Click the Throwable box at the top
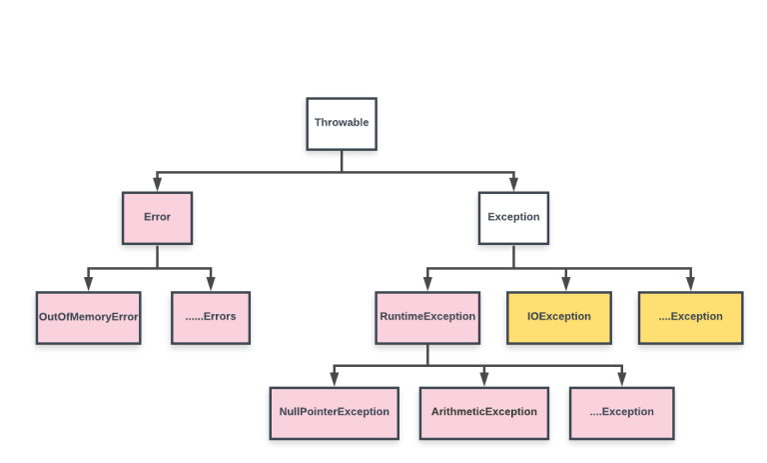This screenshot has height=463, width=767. tap(342, 123)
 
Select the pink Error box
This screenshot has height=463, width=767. tap(157, 217)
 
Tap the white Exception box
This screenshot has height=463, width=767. tap(513, 217)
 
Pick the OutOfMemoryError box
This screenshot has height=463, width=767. tap(88, 317)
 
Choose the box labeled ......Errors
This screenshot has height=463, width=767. tap(211, 317)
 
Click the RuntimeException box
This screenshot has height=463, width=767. tap(427, 317)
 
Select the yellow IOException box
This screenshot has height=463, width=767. tap(558, 317)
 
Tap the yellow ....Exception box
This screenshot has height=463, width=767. tap(690, 317)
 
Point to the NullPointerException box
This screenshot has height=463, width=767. tap(335, 412)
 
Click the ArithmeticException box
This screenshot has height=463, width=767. tap(483, 412)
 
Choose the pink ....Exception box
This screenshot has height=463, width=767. tap(621, 412)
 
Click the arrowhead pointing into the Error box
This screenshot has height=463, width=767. tap(157, 184)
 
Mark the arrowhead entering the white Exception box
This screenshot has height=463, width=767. tap(513, 184)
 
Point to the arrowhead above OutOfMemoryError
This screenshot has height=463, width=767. tap(88, 284)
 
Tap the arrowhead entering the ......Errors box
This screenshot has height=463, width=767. tap(211, 284)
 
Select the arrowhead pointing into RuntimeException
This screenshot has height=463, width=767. tap(427, 284)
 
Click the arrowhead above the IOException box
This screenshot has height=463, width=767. tap(566, 284)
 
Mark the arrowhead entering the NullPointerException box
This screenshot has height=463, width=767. tap(335, 379)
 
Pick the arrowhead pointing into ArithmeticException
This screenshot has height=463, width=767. tap(483, 379)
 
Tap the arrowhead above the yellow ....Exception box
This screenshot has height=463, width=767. tap(690, 284)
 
